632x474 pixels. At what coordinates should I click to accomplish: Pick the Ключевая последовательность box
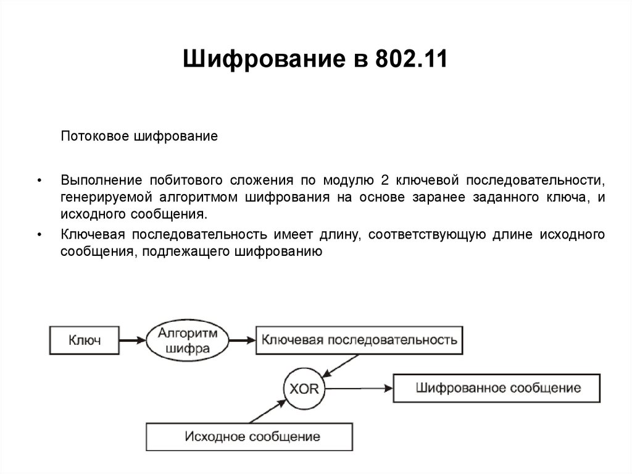359,340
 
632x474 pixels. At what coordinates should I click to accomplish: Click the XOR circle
304,389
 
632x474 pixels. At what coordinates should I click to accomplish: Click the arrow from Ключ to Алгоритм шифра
132,340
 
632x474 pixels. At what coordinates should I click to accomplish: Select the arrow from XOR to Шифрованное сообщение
358,389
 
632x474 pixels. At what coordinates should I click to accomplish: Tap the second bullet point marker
39,235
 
